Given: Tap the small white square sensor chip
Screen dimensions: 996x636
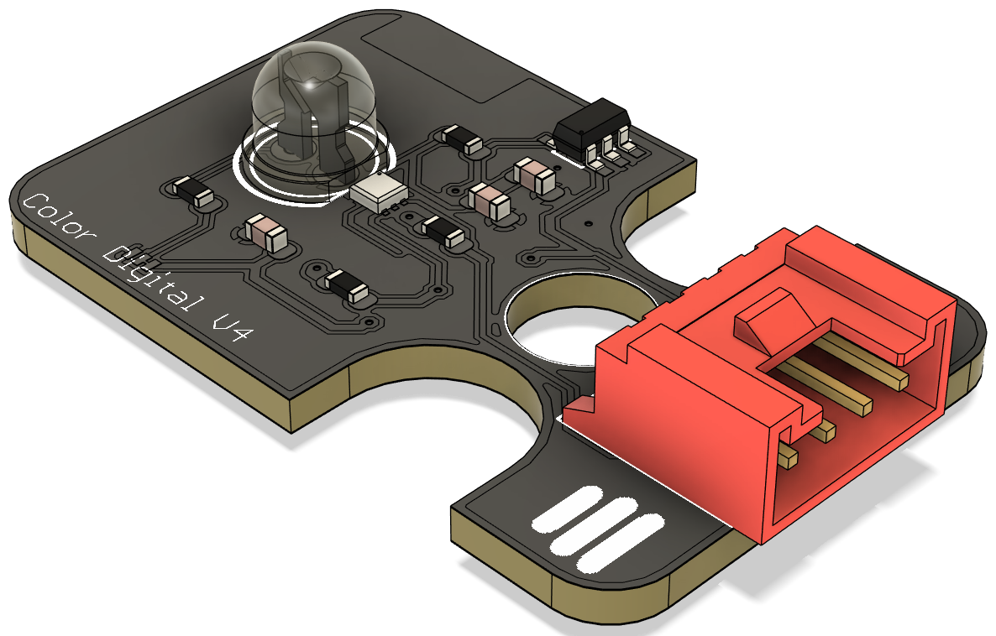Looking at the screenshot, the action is [380, 191].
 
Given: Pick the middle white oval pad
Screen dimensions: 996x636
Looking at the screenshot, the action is [593, 526].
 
